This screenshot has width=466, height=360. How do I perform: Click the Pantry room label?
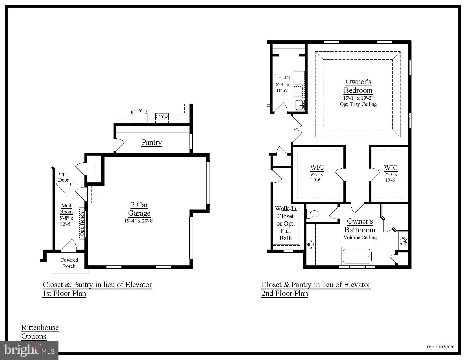pyautogui.click(x=152, y=142)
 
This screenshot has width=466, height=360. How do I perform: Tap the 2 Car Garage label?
pyautogui.click(x=139, y=209)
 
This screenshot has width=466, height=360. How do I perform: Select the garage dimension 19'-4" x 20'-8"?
pyautogui.click(x=139, y=221)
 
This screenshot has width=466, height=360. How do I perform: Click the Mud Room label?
pyautogui.click(x=66, y=209)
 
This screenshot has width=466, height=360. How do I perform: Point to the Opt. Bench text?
pyautogui.click(x=82, y=224)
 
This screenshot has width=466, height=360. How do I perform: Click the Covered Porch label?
pyautogui.click(x=69, y=263)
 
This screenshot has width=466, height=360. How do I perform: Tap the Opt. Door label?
pyautogui.click(x=64, y=177)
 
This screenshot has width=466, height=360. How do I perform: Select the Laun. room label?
pyautogui.click(x=282, y=77)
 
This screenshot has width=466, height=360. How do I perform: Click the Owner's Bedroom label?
pyautogui.click(x=358, y=86)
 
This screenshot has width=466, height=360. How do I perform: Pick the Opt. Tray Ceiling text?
pyautogui.click(x=358, y=104)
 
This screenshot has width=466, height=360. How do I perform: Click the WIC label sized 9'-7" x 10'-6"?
pyautogui.click(x=317, y=167)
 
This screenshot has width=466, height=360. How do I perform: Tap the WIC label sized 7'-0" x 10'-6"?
pyautogui.click(x=391, y=168)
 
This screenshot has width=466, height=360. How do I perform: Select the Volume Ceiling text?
pyautogui.click(x=360, y=237)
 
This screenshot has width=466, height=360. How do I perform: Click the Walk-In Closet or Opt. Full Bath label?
pyautogui.click(x=286, y=223)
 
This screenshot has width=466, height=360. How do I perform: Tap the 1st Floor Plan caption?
pyautogui.click(x=64, y=293)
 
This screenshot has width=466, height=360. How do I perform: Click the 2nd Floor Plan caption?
pyautogui.click(x=285, y=293)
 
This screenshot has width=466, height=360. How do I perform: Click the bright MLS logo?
pyautogui.click(x=29, y=350)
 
